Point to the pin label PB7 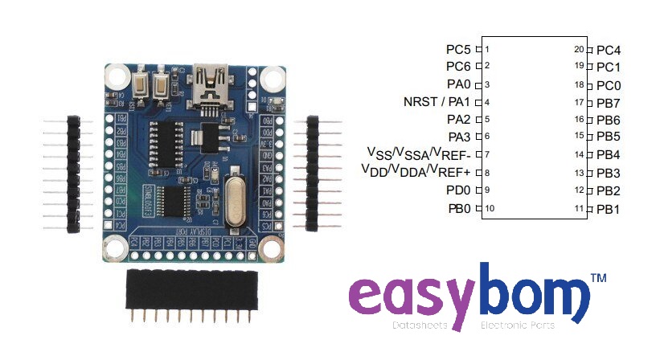(609, 103)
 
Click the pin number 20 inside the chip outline (578, 49)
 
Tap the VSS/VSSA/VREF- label (419, 153)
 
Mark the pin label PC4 (609, 50)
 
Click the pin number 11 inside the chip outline (578, 208)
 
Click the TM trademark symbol (599, 278)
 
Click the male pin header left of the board (73, 174)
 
